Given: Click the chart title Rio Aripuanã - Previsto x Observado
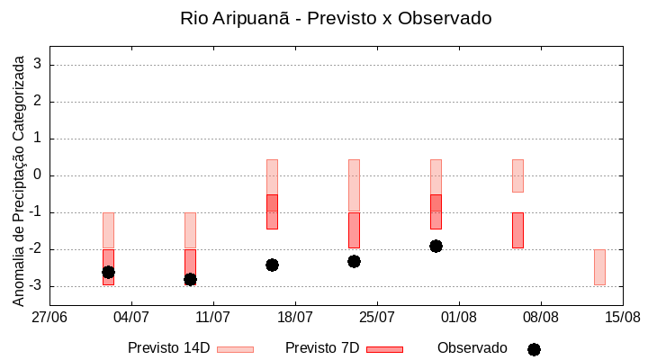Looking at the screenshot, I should coord(336,18).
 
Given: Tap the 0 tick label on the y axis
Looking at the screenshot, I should coord(39,175).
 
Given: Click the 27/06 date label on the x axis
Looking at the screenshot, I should coord(49,317).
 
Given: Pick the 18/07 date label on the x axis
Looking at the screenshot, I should coord(295,317).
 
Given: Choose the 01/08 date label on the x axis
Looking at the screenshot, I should coord(459,317).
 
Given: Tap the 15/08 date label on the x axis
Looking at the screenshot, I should coord(622,317).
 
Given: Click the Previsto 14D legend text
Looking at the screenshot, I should coord(168,348).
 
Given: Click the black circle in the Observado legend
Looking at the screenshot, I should coord(534,349).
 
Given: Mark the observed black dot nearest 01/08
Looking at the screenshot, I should coord(436,246).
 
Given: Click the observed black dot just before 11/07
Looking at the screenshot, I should coord(190,279).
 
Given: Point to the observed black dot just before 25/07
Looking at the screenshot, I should coord(354,261).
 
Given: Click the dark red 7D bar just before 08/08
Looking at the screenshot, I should coord(517,230).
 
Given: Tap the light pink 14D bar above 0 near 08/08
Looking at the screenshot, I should coord(517,175).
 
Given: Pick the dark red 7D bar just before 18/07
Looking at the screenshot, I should coord(272,211).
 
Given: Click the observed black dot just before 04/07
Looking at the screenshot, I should coord(108,272).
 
